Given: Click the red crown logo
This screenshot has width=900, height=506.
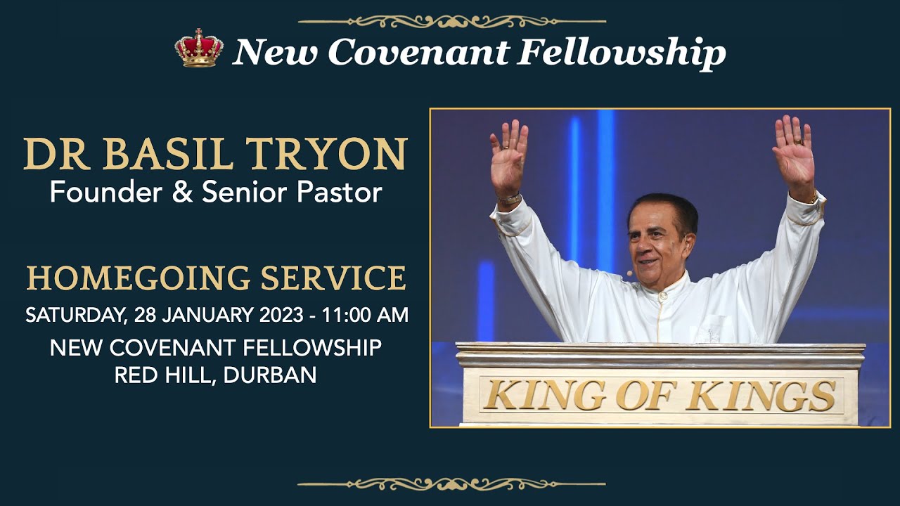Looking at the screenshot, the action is [x=199, y=48].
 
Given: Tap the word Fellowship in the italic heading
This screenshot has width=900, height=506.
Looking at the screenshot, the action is [x=622, y=54].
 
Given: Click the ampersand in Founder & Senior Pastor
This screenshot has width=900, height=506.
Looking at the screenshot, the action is [x=182, y=192].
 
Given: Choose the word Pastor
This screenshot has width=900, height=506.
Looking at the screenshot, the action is [x=340, y=193].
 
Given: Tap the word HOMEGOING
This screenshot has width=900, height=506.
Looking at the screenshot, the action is [x=139, y=278].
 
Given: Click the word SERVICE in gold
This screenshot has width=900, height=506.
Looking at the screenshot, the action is [x=333, y=278].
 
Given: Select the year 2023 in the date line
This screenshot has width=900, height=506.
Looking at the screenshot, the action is [x=281, y=315].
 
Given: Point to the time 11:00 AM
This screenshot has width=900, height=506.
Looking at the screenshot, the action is [x=365, y=315].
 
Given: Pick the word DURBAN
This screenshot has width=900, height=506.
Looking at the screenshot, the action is [x=270, y=375].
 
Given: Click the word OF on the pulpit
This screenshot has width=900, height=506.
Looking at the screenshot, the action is [x=645, y=396].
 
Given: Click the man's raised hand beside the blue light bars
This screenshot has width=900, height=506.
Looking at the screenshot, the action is [x=508, y=160].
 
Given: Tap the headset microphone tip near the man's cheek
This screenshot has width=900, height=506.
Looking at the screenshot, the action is [x=629, y=273].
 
